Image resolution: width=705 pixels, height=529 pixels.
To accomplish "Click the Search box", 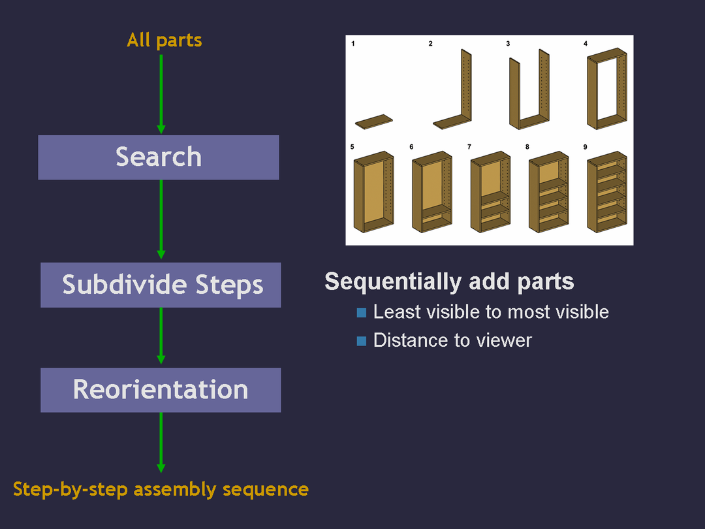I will click(x=159, y=157).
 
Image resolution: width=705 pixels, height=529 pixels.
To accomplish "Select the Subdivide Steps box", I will click(x=161, y=285).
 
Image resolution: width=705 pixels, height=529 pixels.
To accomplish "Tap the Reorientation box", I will click(x=161, y=390).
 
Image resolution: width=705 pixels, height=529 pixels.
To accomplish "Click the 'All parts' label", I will click(x=164, y=40).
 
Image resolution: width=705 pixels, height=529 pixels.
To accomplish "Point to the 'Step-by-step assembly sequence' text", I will click(x=161, y=489).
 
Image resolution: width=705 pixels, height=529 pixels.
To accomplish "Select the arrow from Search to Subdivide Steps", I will click(x=161, y=219).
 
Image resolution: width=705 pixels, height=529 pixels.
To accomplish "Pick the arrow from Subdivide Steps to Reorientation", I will click(x=161, y=336).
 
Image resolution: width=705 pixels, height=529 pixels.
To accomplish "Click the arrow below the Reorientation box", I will click(x=161, y=441).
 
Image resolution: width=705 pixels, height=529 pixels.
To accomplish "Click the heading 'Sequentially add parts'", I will click(x=449, y=281).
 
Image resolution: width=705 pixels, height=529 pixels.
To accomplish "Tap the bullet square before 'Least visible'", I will click(x=362, y=313).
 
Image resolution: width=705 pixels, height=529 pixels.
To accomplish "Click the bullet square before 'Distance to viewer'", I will click(x=362, y=341).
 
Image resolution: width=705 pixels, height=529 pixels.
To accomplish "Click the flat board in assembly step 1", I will click(x=375, y=121).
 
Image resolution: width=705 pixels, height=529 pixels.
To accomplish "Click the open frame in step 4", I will click(x=607, y=91).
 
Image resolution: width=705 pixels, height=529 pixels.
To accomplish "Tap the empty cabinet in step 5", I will click(x=373, y=193).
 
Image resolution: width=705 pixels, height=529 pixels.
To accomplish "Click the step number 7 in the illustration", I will click(x=469, y=147).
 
